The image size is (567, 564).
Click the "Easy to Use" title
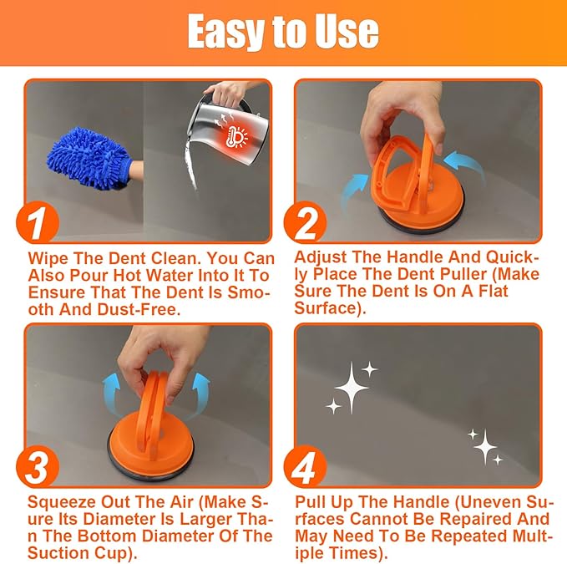click(283, 32)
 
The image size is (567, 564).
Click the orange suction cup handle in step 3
click(154, 401)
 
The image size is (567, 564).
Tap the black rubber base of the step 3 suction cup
click(154, 458)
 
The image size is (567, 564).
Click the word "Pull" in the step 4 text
click(311, 504)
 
